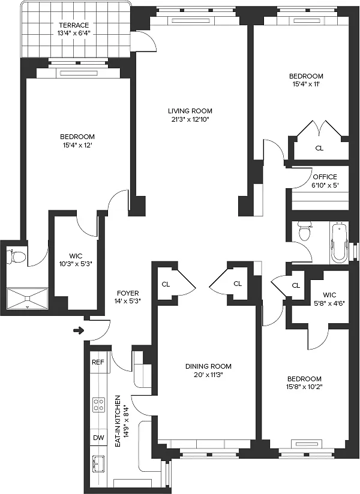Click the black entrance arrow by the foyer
78,330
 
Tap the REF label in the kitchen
98,362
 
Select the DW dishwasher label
98,438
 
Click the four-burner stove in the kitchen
98,405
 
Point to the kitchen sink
98,464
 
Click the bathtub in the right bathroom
339,242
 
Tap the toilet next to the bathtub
305,230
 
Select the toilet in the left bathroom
17,257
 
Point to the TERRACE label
74,25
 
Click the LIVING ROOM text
190,111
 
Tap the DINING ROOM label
208,366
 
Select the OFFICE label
325,177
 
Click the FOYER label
128,293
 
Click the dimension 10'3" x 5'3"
76,264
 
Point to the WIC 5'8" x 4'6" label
330,299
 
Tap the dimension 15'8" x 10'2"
305,387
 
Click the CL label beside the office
319,148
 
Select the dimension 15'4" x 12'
77,145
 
